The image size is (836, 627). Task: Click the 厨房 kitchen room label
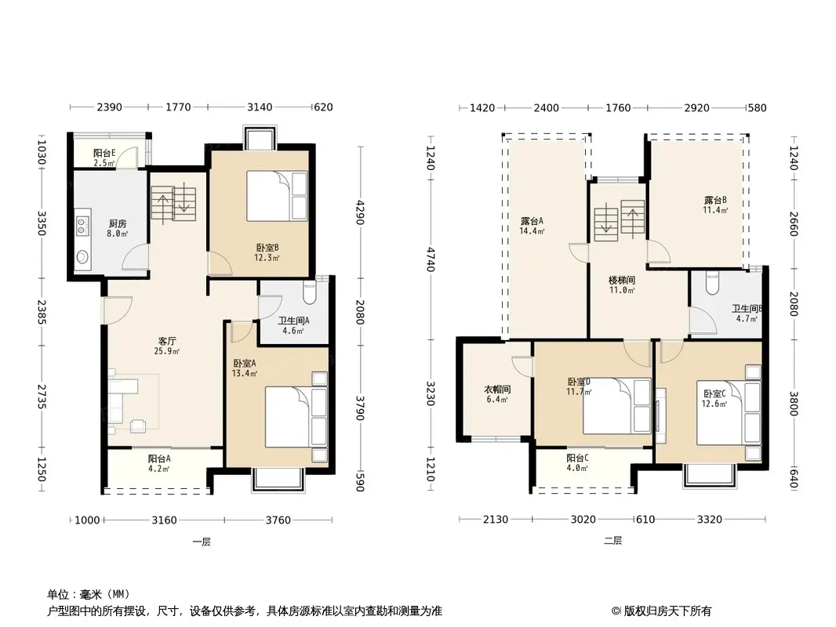click(118, 223)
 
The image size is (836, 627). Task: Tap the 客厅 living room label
click(167, 341)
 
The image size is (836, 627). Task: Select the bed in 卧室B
click(277, 196)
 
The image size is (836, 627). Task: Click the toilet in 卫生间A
click(309, 292)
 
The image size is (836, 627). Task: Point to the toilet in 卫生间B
click(712, 284)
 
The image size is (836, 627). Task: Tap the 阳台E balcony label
click(104, 153)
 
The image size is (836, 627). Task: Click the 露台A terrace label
click(532, 221)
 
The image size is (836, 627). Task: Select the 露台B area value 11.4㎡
click(715, 210)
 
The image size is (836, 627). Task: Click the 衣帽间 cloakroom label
click(497, 390)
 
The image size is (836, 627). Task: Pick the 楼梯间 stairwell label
click(622, 281)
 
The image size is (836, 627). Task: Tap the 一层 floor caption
click(202, 542)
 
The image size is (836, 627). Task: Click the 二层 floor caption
click(612, 540)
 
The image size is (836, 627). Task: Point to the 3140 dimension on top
click(260, 107)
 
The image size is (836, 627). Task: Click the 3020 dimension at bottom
click(583, 520)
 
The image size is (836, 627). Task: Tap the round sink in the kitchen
click(82, 257)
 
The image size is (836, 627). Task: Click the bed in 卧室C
click(729, 412)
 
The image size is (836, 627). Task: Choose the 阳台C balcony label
click(577, 458)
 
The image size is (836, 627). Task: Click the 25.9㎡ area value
click(167, 352)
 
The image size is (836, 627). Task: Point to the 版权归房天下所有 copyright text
click(661, 611)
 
